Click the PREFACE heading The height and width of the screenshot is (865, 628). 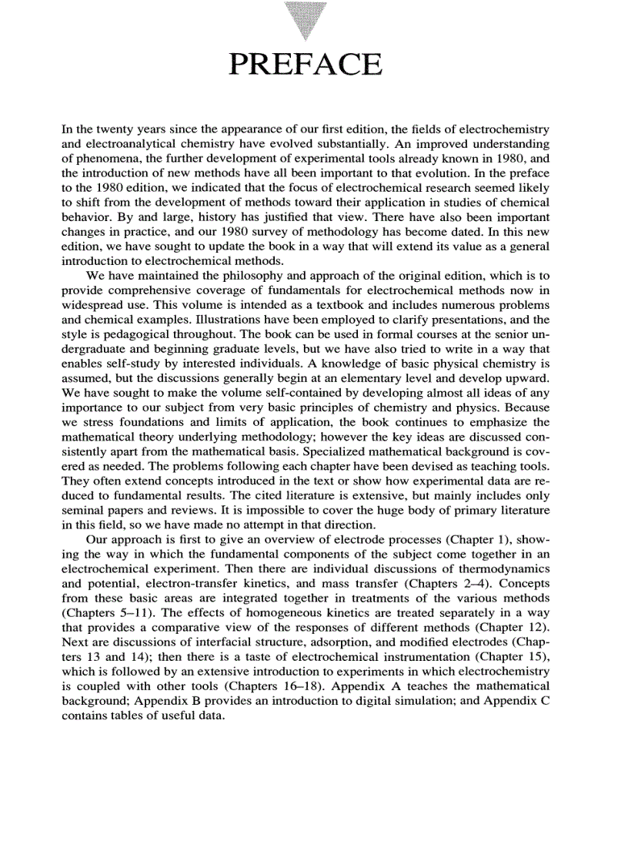point(306,65)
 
